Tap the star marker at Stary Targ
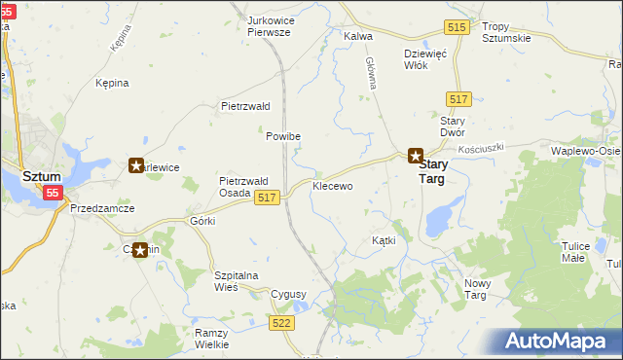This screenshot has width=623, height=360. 415,156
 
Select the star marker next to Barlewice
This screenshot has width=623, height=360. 136,166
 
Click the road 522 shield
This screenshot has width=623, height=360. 282,322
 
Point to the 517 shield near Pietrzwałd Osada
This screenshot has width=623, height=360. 269,198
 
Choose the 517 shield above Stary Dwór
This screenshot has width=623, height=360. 460,100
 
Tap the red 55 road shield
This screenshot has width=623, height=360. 53,194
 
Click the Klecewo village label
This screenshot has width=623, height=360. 332,185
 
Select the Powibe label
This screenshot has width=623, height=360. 283,136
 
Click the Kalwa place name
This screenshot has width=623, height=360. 359,35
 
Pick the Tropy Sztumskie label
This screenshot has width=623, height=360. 507,32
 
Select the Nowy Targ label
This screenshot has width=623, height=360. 480,288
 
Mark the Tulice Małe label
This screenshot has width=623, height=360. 575,252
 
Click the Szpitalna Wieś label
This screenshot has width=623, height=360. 236,281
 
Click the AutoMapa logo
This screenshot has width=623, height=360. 559,342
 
